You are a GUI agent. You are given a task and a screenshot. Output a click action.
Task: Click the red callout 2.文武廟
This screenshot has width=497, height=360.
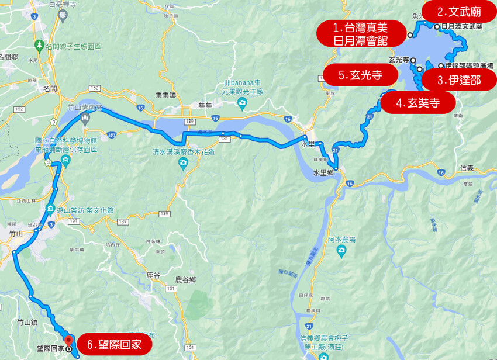pos(459,11)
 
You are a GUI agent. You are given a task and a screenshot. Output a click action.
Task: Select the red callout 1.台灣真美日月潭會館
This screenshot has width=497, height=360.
pos(361,33)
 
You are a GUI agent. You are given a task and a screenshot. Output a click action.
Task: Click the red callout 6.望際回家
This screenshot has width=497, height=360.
pos(114,345)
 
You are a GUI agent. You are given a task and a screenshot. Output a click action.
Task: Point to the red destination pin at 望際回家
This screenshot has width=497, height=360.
pos(69,340)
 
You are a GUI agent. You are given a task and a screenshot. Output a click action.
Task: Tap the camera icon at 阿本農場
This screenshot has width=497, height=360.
pos(341,251)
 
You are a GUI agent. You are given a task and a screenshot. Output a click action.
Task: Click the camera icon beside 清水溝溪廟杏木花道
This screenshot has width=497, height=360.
pos(184,164)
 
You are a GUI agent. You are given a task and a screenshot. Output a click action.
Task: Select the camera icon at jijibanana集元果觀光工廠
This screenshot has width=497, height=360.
pos(241,103)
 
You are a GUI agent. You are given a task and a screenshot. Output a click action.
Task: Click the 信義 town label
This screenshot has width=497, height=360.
pos(467,168)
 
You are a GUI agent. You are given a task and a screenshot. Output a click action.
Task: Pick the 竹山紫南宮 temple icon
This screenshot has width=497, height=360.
pos(85,118)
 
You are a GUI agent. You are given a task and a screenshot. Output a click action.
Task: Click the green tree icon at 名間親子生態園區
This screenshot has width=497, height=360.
pos(39,45)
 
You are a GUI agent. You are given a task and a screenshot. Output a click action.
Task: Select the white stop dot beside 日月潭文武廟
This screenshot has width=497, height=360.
pos(436,26)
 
